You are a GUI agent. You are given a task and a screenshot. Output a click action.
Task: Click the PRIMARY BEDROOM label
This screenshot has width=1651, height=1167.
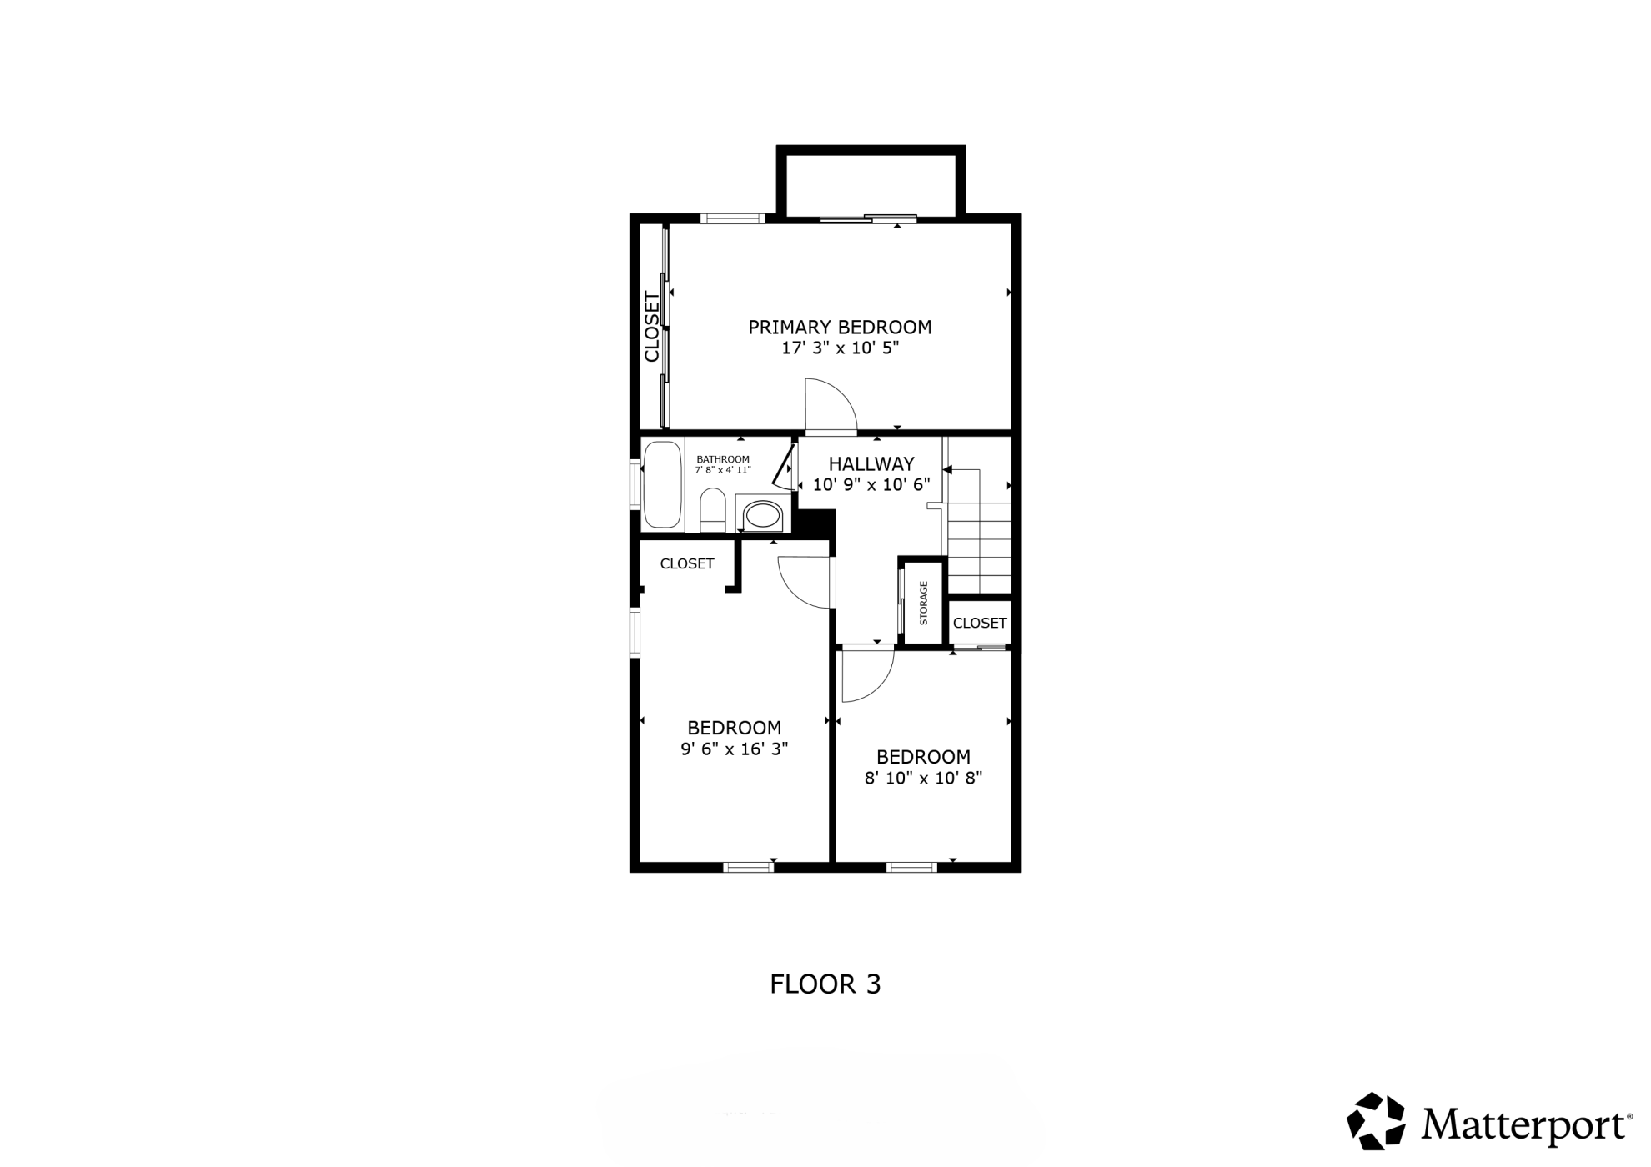coord(840,327)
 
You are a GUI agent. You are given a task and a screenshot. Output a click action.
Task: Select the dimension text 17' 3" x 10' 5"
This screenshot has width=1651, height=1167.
coord(840,348)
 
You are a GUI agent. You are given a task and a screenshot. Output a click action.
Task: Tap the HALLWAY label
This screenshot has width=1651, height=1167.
coord(871,463)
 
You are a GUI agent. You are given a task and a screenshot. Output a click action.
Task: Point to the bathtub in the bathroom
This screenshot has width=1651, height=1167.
coord(663,484)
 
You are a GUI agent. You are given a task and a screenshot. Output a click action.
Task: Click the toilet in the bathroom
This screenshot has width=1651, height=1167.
coord(713,510)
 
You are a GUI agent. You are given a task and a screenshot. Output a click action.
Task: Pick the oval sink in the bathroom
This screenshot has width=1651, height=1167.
coord(761,514)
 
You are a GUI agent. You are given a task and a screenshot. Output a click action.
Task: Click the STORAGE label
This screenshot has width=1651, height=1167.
coord(924,603)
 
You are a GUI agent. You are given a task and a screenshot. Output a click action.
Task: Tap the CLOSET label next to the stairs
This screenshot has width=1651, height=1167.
coord(980,623)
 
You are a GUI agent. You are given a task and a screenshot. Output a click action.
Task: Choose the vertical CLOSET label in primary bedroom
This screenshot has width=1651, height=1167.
coord(652,326)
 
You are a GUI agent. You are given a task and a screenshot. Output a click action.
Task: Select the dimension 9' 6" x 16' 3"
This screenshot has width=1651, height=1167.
coord(735,749)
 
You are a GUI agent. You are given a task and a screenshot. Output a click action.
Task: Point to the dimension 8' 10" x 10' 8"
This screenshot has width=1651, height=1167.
coord(924,779)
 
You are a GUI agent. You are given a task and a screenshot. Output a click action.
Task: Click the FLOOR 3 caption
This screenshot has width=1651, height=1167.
coord(825,984)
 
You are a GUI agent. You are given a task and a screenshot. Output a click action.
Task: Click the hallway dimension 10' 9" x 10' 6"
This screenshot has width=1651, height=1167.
coord(871,485)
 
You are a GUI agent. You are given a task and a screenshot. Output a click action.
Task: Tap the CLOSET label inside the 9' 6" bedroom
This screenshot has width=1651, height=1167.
coord(687,563)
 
